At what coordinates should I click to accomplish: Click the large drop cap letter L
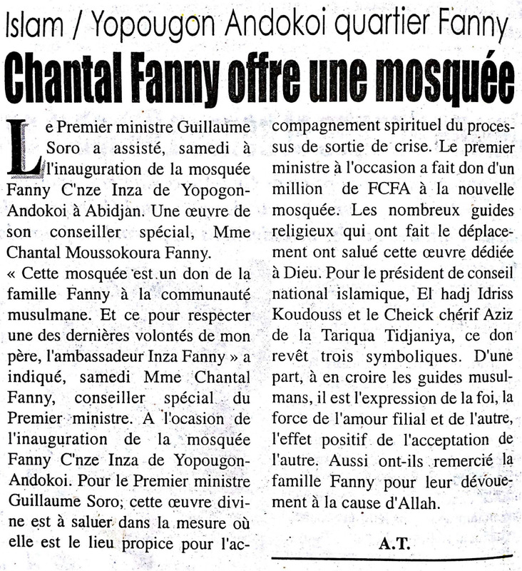24,146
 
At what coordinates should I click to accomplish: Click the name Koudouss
308,314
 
